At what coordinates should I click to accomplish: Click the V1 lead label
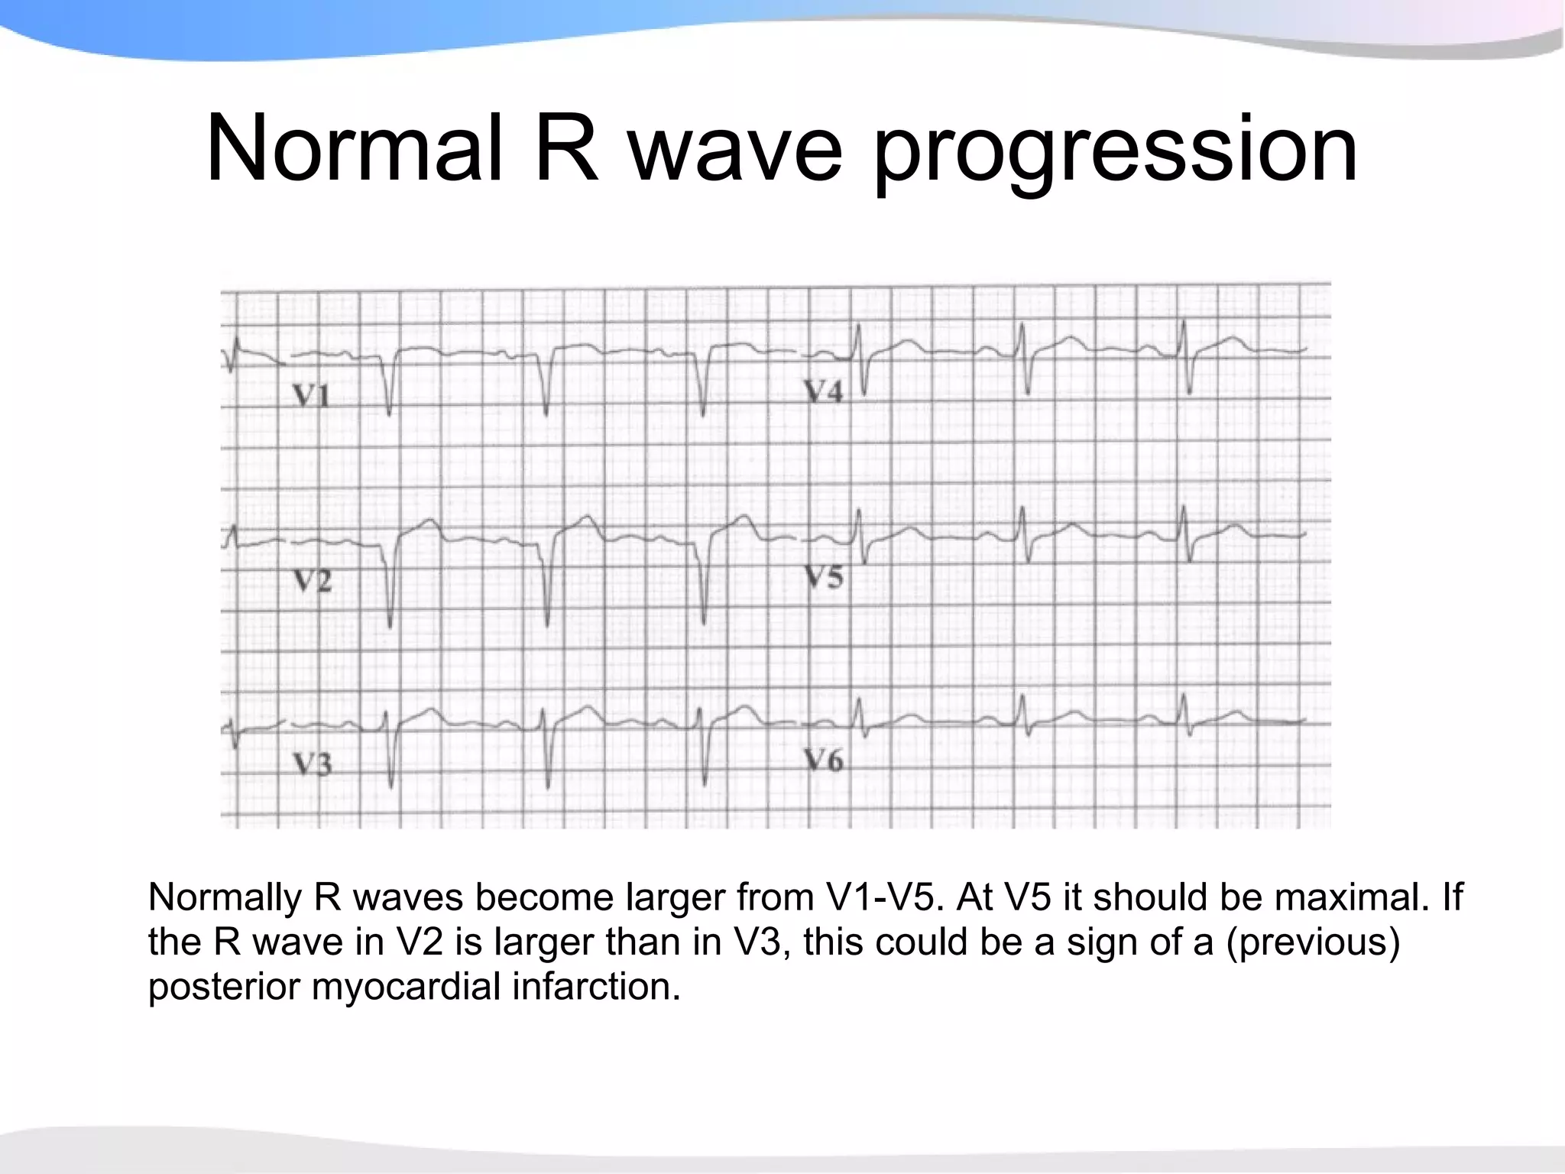coord(311,396)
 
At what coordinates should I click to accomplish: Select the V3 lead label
coord(313,764)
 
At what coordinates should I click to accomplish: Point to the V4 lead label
coord(823,391)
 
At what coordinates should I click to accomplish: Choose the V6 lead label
coord(823,760)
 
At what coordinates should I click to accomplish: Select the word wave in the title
coord(737,149)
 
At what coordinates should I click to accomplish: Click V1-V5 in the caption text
coord(883,897)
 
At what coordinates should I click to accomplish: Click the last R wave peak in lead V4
coord(1183,322)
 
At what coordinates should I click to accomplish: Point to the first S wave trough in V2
coord(390,626)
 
